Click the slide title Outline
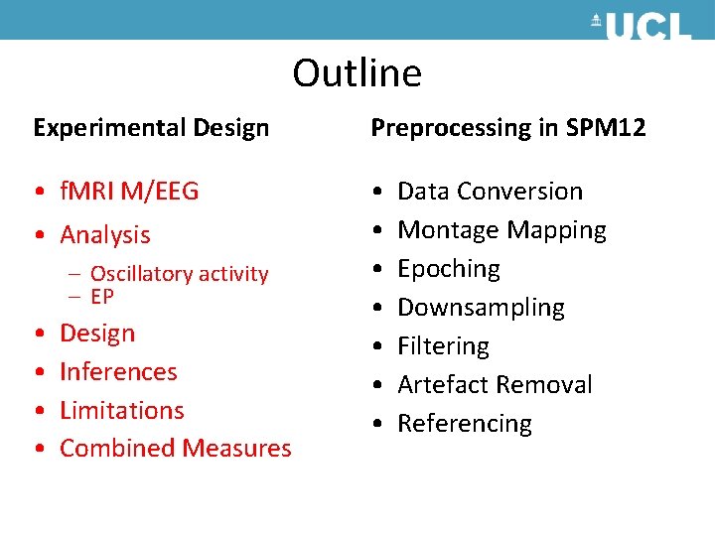(x=357, y=73)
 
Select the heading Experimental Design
(x=151, y=128)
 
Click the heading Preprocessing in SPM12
(x=507, y=128)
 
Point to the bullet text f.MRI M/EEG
(x=129, y=191)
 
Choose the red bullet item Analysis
(x=105, y=235)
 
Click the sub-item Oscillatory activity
(x=179, y=274)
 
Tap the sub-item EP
(x=102, y=297)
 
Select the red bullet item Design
(x=97, y=334)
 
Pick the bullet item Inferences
(x=118, y=372)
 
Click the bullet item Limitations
(x=122, y=410)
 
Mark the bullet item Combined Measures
(x=176, y=449)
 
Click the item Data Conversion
(x=490, y=191)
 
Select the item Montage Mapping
(x=501, y=230)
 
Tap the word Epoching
(x=449, y=269)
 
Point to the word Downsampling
(x=481, y=308)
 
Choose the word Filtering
(x=443, y=346)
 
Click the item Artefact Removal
(x=495, y=385)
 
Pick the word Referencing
(x=465, y=424)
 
